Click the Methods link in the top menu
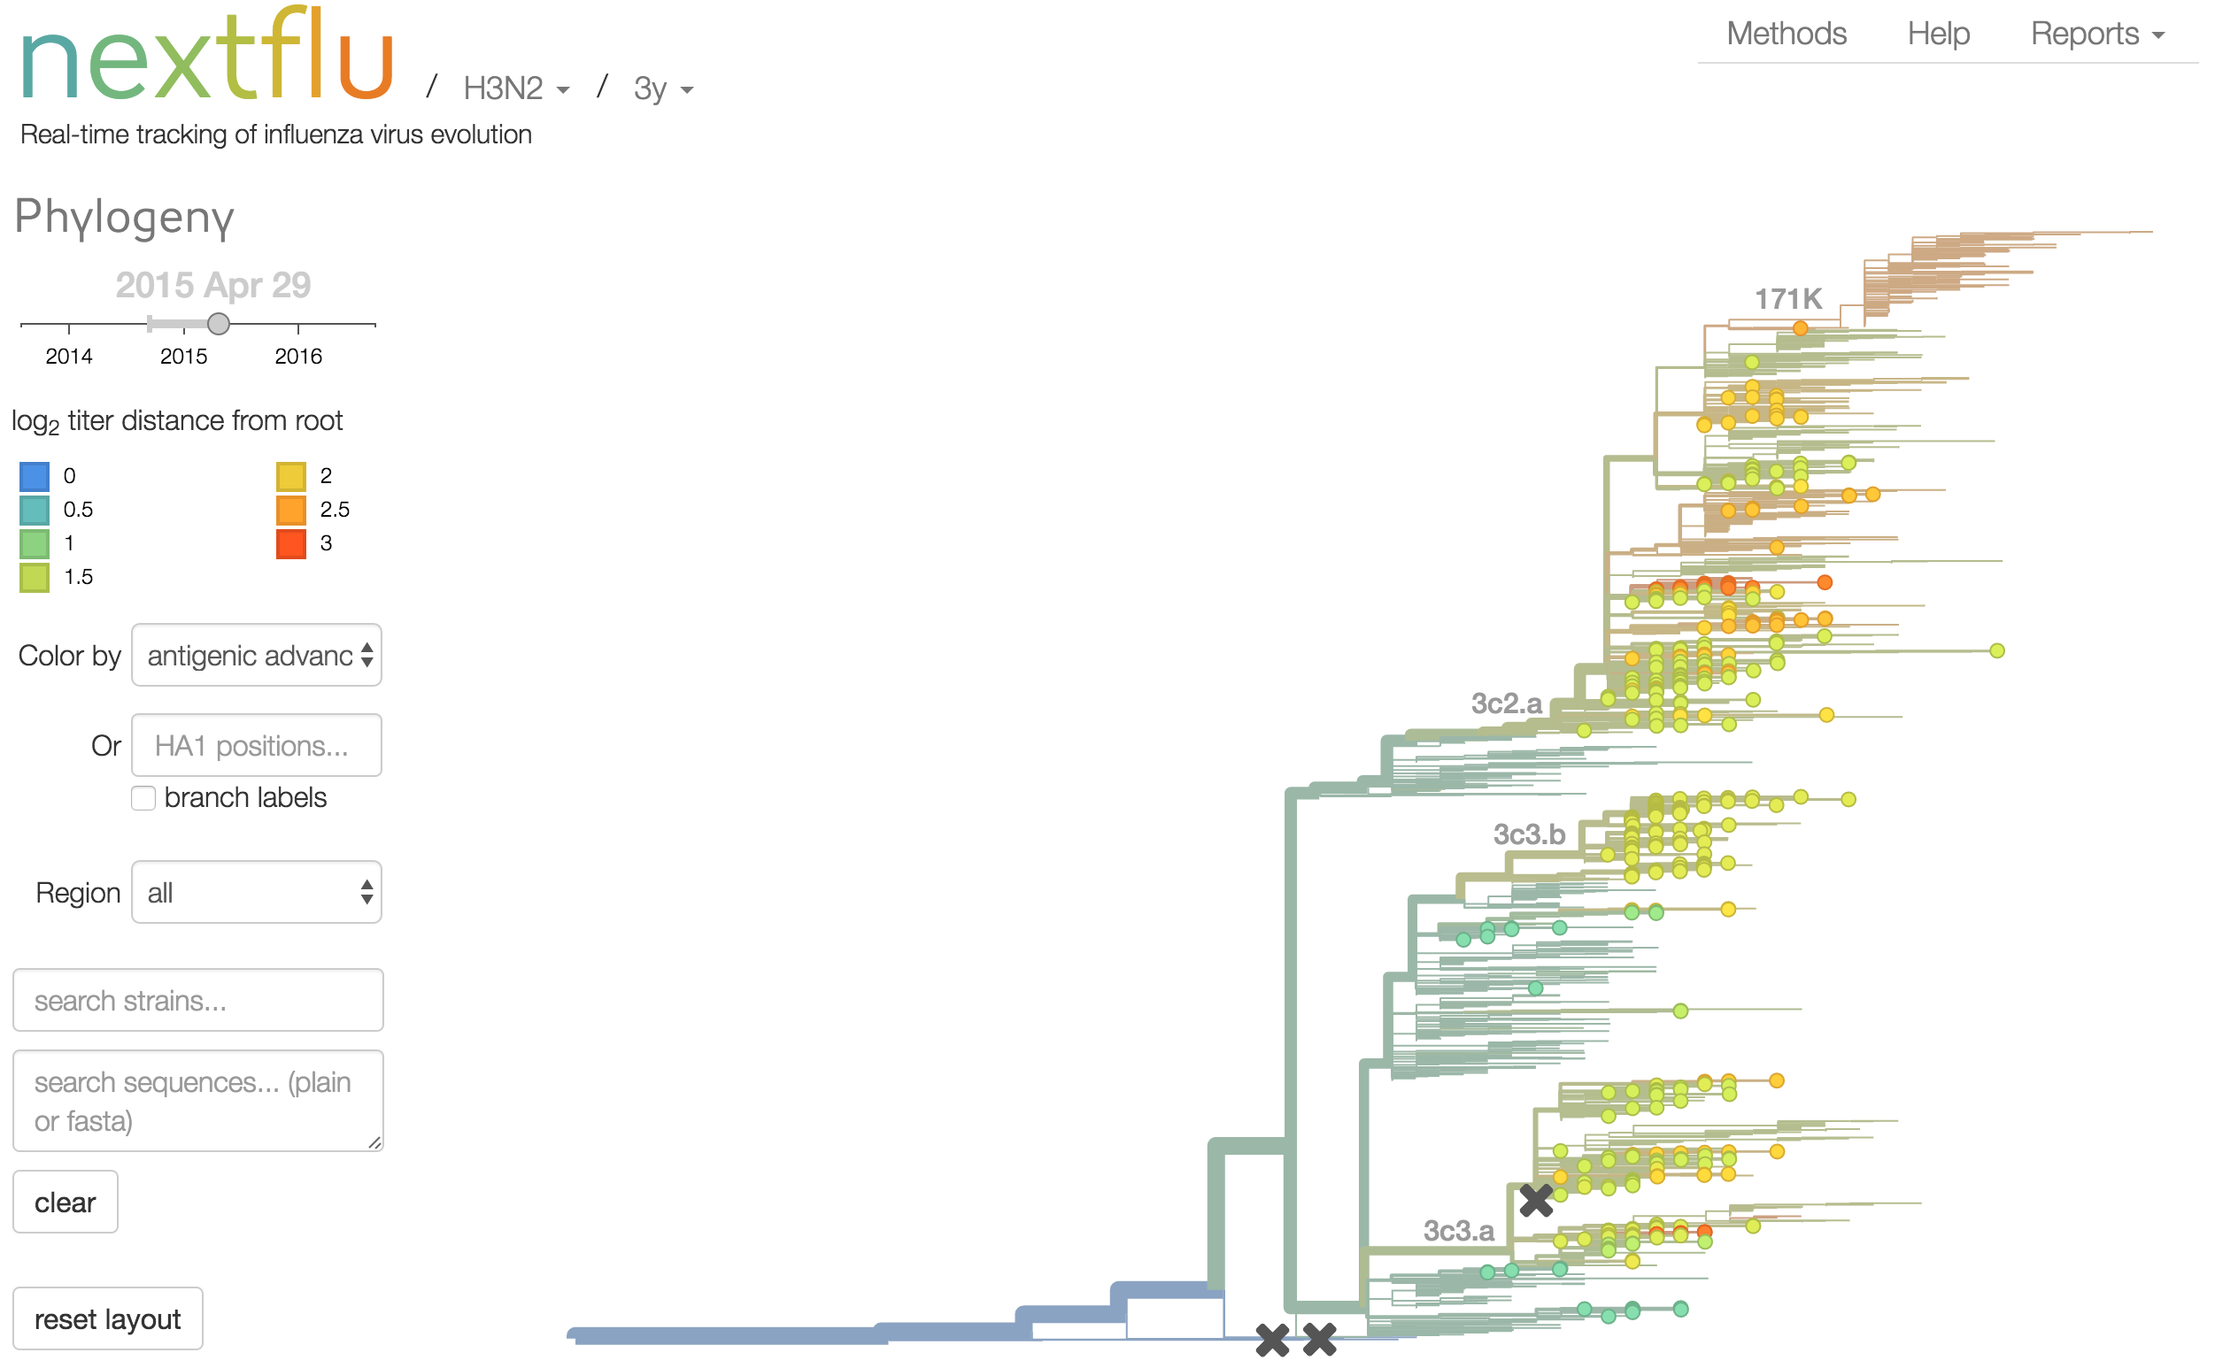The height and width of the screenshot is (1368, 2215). pyautogui.click(x=1785, y=34)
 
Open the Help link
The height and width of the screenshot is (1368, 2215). pyautogui.click(x=1938, y=34)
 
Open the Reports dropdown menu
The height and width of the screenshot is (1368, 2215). pyautogui.click(x=2096, y=34)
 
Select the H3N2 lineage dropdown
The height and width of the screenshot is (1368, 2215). pyautogui.click(x=515, y=88)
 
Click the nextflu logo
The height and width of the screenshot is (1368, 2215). pyautogui.click(x=206, y=56)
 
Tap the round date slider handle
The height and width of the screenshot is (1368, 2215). pyautogui.click(x=218, y=324)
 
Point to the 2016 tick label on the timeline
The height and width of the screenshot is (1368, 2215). pyautogui.click(x=297, y=357)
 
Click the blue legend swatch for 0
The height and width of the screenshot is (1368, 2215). pyautogui.click(x=35, y=476)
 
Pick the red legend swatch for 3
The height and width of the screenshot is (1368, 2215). pyautogui.click(x=290, y=544)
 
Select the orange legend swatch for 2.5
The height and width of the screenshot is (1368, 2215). pyautogui.click(x=290, y=511)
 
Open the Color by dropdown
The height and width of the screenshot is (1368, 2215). pyautogui.click(x=256, y=655)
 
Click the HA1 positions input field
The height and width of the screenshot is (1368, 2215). pyautogui.click(x=256, y=746)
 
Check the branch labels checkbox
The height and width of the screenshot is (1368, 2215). pyautogui.click(x=143, y=798)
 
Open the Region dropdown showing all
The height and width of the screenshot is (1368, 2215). pyautogui.click(x=256, y=893)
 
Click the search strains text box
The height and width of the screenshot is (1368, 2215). pyautogui.click(x=197, y=1001)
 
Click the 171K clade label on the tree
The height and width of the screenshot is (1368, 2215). pyautogui.click(x=1787, y=298)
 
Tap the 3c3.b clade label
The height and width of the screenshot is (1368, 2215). pyautogui.click(x=1529, y=834)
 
